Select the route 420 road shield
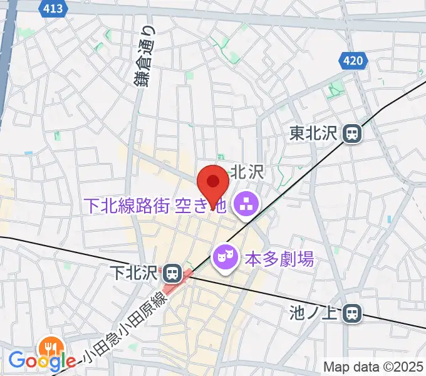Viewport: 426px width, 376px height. tap(353, 61)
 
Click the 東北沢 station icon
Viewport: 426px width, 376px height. tap(353, 133)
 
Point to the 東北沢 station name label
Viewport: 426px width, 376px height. tap(314, 133)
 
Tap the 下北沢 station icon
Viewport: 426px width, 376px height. tap(171, 273)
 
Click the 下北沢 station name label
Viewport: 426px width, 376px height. tap(135, 273)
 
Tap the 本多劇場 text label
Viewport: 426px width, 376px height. tap(279, 257)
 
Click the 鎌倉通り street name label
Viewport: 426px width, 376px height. tap(144, 56)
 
